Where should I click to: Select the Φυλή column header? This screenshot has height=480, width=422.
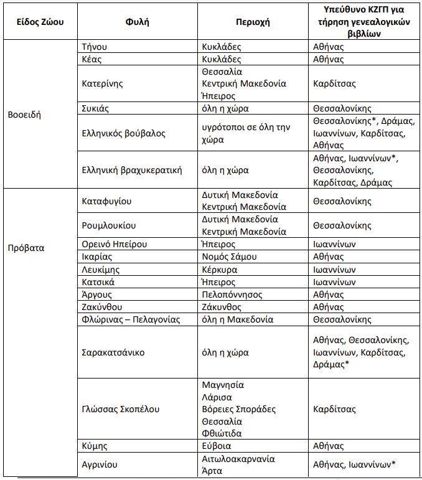click(x=137, y=21)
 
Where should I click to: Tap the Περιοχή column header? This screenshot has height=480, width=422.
click(x=253, y=21)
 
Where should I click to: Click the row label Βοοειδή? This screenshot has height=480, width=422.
click(x=24, y=115)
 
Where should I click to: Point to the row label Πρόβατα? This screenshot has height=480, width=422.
click(x=26, y=248)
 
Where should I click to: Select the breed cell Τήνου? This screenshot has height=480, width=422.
click(x=95, y=47)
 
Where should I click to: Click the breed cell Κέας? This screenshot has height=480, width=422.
click(x=91, y=59)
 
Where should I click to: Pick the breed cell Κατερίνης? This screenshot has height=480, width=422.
click(x=103, y=83)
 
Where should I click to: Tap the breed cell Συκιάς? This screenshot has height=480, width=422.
click(x=96, y=108)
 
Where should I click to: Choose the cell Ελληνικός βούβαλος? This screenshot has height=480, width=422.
click(x=123, y=133)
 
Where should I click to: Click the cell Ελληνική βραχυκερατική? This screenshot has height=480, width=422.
click(x=132, y=170)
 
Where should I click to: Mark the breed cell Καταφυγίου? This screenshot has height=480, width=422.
click(x=107, y=201)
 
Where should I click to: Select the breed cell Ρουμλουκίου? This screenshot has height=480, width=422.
click(x=109, y=225)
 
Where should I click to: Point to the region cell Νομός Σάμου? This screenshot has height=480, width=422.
click(x=230, y=256)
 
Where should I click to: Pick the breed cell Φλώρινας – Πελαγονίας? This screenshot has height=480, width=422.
click(x=131, y=319)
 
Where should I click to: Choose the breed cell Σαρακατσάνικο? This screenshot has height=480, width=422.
click(x=113, y=352)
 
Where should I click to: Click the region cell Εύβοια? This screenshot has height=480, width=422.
click(x=217, y=446)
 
